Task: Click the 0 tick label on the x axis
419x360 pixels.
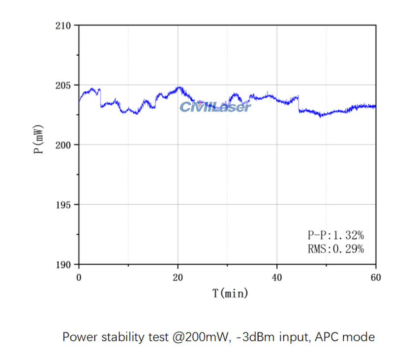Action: pyautogui.click(x=79, y=277)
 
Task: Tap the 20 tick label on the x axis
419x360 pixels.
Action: pyautogui.click(x=178, y=277)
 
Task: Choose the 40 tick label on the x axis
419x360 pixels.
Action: pyautogui.click(x=277, y=277)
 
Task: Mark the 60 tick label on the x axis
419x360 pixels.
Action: pyautogui.click(x=376, y=277)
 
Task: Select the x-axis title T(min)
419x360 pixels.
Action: pyautogui.click(x=230, y=294)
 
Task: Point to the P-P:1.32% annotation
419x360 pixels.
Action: pyautogui.click(x=332, y=235)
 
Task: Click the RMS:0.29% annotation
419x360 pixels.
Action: pyautogui.click(x=332, y=249)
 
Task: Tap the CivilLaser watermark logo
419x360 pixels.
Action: pyautogui.click(x=215, y=107)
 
